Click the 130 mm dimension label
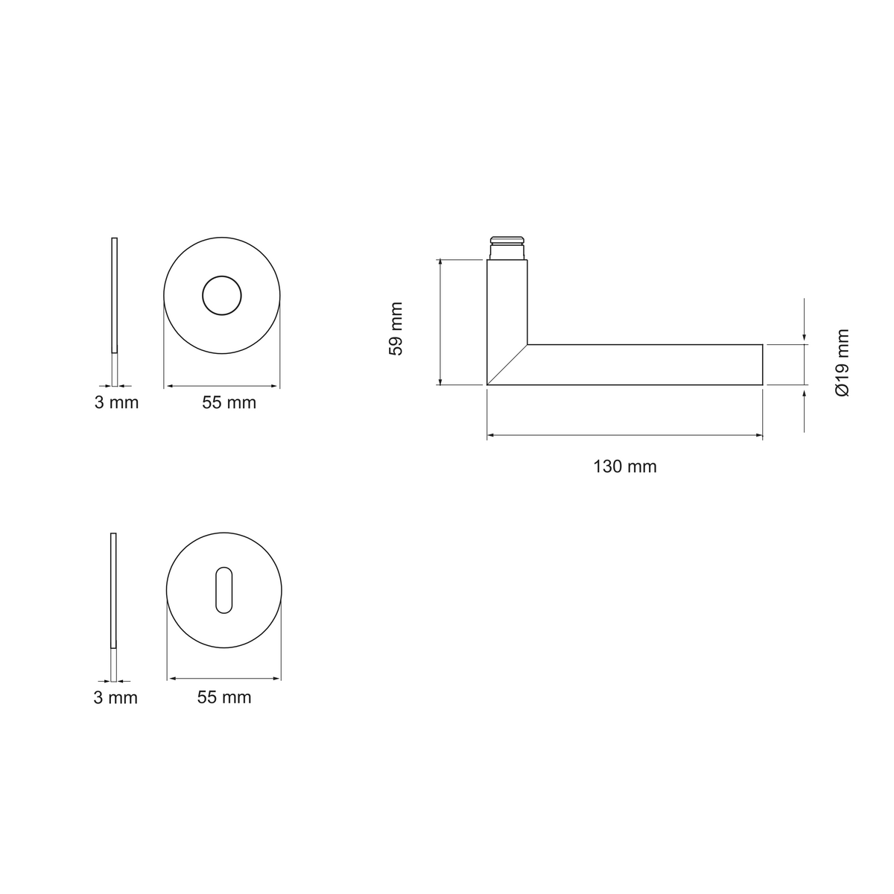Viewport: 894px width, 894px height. point(625,466)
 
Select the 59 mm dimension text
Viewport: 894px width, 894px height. point(396,329)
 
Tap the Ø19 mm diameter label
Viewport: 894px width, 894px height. point(842,363)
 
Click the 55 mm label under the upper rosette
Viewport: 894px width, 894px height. point(229,402)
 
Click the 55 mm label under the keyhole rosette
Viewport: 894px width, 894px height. point(224,697)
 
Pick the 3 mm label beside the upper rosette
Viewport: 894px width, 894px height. point(116,402)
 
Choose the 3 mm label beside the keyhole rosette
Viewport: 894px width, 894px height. point(115,698)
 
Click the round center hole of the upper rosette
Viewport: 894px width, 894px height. point(222,296)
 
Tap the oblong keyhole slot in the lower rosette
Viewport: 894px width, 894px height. point(224,590)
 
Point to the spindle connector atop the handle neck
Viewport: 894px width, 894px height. point(507,248)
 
